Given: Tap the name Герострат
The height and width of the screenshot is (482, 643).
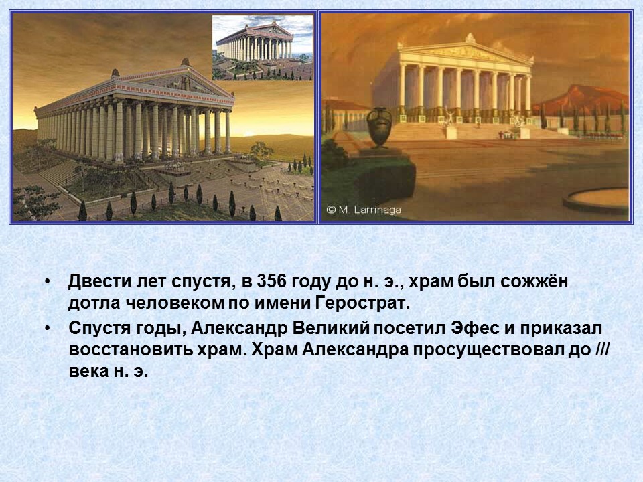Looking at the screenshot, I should tap(361, 303).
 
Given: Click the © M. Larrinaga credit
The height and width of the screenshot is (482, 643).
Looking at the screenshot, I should tap(363, 210).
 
